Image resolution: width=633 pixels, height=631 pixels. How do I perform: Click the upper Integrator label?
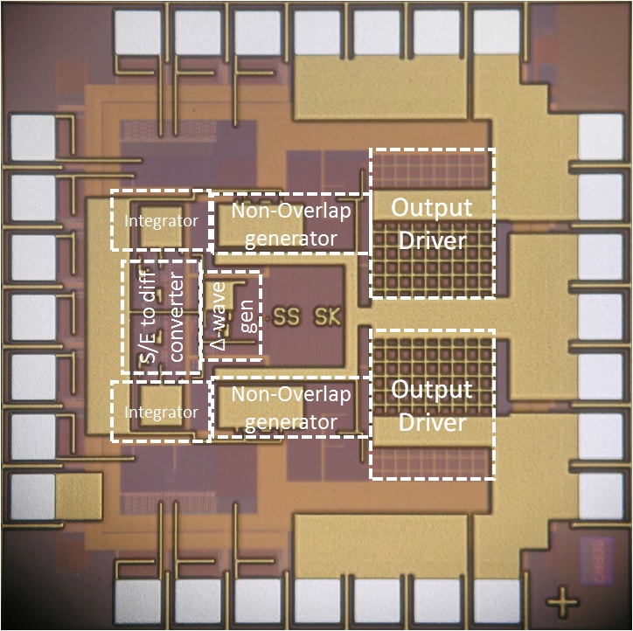point(160,221)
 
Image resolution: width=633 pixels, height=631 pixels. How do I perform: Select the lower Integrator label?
point(160,412)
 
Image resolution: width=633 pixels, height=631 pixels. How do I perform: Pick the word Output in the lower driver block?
point(432,390)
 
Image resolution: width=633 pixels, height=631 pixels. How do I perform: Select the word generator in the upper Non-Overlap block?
point(290,238)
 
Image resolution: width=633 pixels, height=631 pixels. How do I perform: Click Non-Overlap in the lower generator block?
point(290,394)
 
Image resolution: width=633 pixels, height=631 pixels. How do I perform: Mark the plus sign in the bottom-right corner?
point(562,603)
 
